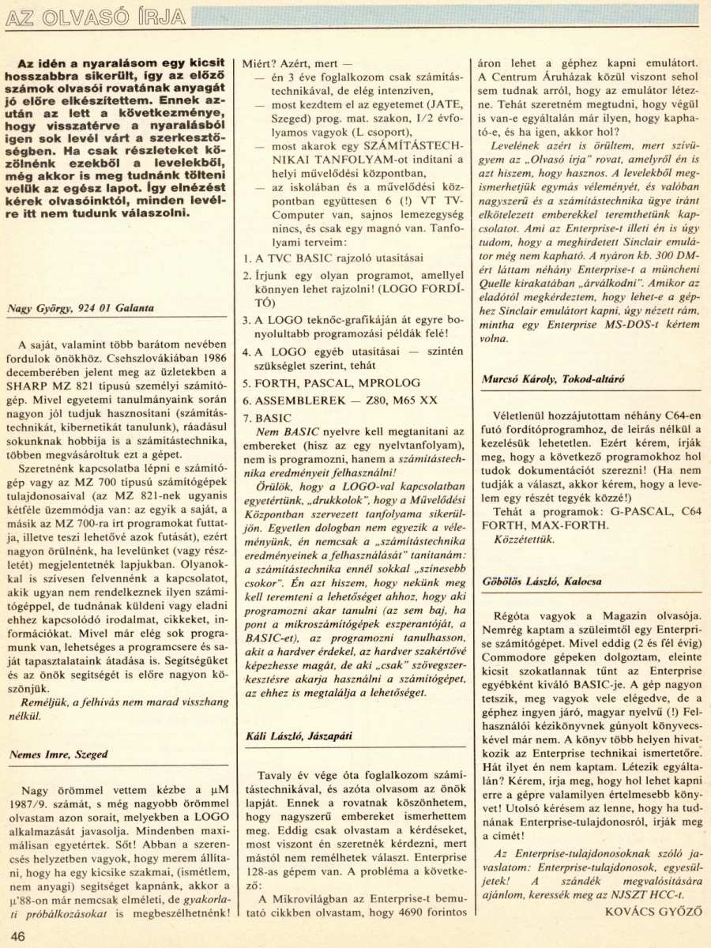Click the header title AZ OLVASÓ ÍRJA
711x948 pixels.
coord(95,17)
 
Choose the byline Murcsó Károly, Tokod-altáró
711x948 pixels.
coord(553,378)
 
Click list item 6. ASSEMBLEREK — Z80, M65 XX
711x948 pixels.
coord(339,401)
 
